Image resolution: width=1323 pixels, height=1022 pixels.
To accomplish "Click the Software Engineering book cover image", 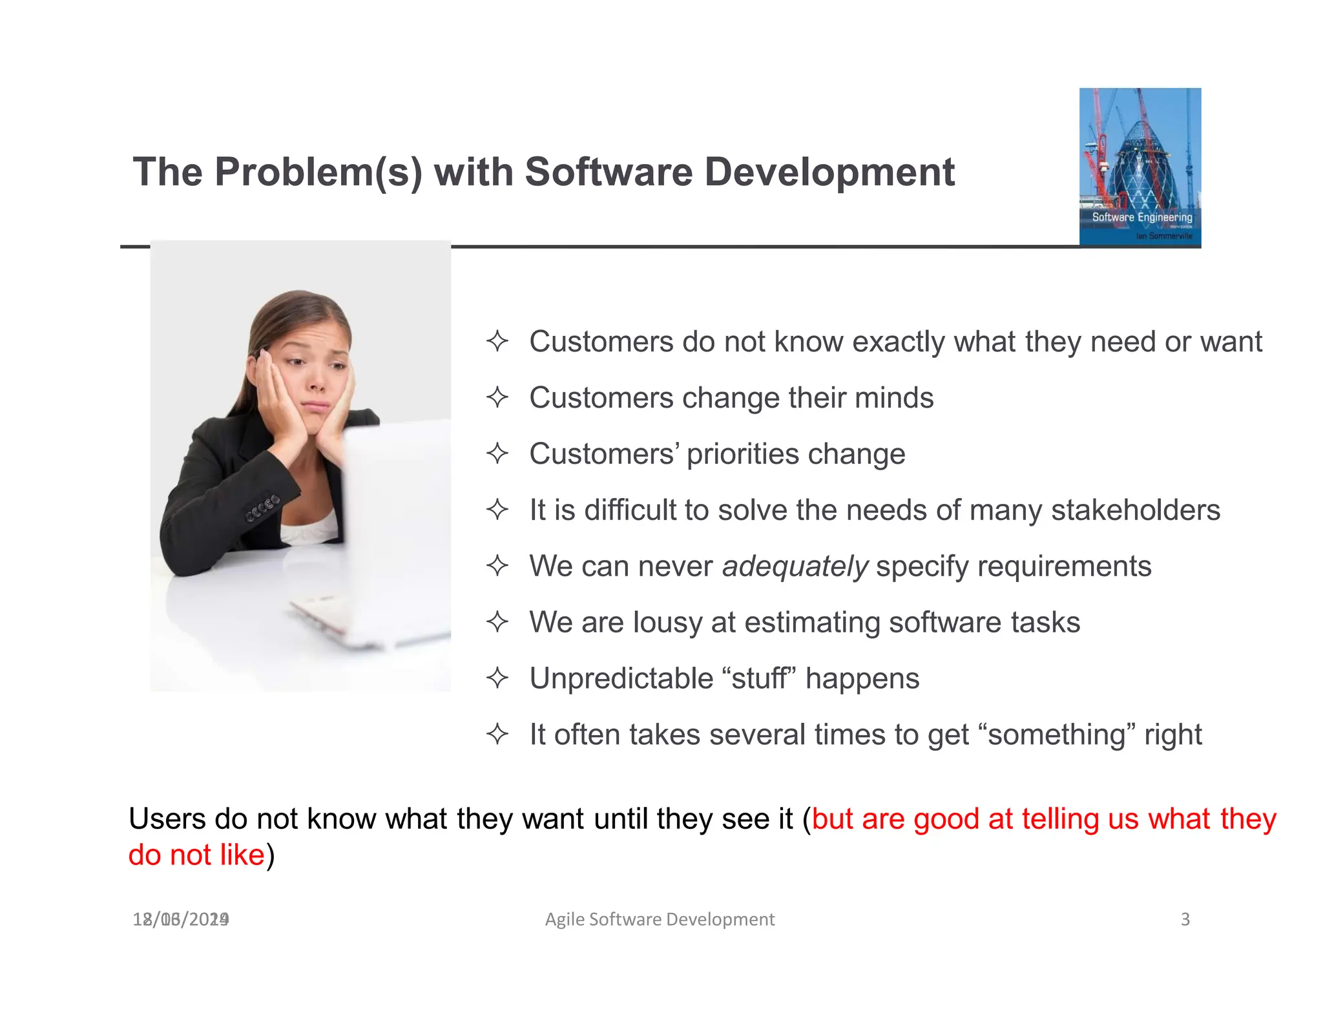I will (1140, 167).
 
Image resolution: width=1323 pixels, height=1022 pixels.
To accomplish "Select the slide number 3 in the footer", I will (1185, 919).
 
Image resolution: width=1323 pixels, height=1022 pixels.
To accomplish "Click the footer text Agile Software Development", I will (660, 919).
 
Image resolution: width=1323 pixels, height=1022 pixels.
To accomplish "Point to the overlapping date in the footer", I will (181, 919).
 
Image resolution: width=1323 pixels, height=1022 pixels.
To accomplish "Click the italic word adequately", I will (795, 567).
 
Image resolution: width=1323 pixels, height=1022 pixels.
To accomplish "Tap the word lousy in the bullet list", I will (667, 623).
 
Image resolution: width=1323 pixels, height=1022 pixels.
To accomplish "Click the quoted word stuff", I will (758, 679).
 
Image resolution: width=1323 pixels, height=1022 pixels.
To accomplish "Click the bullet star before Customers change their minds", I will (497, 397).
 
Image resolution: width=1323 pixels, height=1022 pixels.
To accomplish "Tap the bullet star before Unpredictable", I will (497, 678).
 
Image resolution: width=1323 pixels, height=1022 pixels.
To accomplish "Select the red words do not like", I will (196, 855).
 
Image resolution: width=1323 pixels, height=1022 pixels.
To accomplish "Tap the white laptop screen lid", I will (397, 530).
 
